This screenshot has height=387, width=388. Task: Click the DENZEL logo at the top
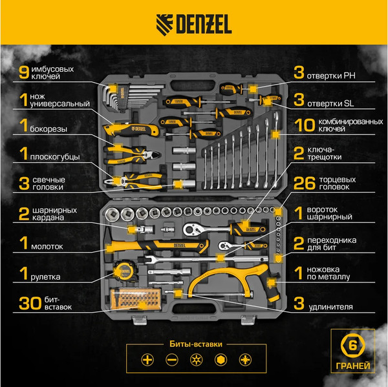193,26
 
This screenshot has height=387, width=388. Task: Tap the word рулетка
46,277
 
